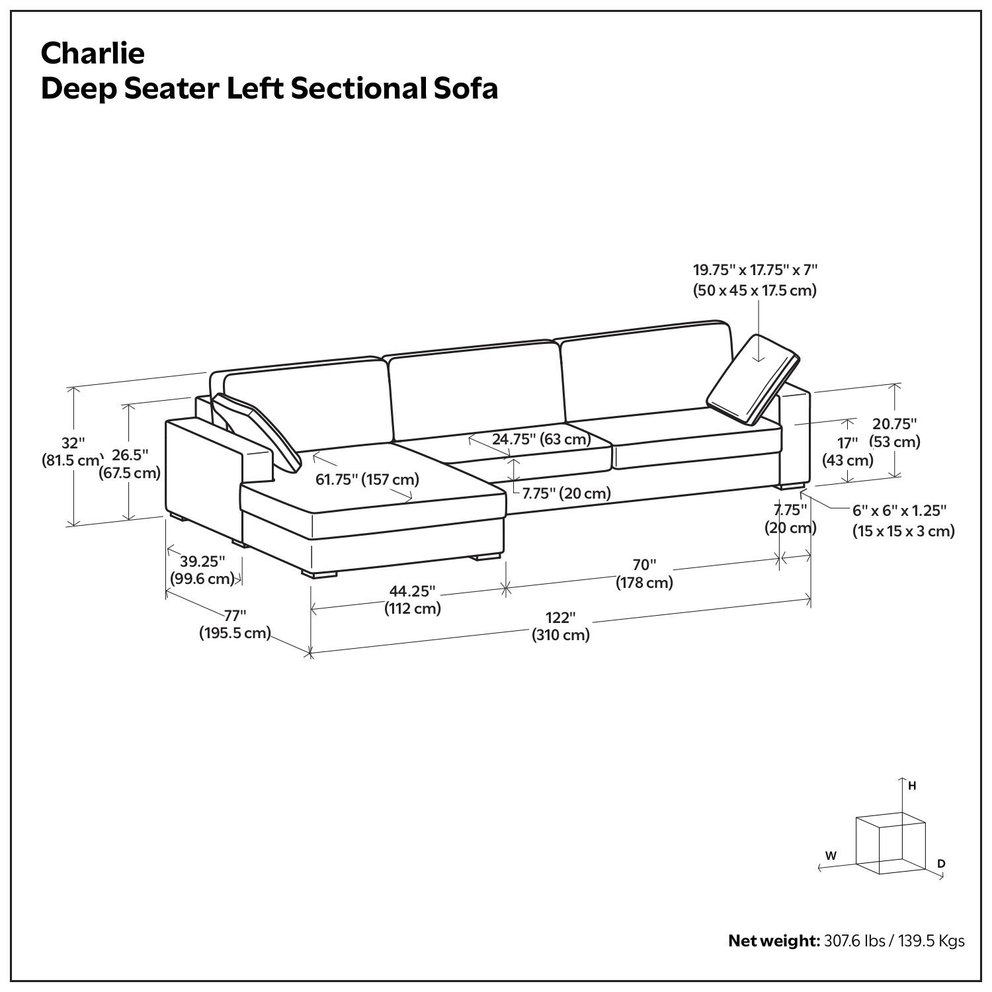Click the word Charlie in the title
tap(93, 53)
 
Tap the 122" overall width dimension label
tap(561, 626)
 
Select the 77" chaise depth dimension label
tap(235, 624)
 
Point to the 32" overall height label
tap(71, 452)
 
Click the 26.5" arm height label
tap(130, 464)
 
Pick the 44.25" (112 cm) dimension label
tap(413, 599)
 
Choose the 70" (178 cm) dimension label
tap(644, 573)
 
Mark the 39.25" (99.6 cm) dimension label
tap(202, 570)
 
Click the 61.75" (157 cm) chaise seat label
tap(367, 479)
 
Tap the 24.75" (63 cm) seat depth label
tap(541, 439)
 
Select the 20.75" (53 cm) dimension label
tap(895, 433)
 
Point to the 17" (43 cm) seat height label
tap(847, 452)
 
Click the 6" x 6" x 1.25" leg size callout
tap(903, 520)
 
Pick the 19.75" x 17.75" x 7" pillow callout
tap(755, 280)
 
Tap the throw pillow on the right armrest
tap(754, 380)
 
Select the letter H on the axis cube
tap(912, 786)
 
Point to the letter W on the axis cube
tap(831, 855)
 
